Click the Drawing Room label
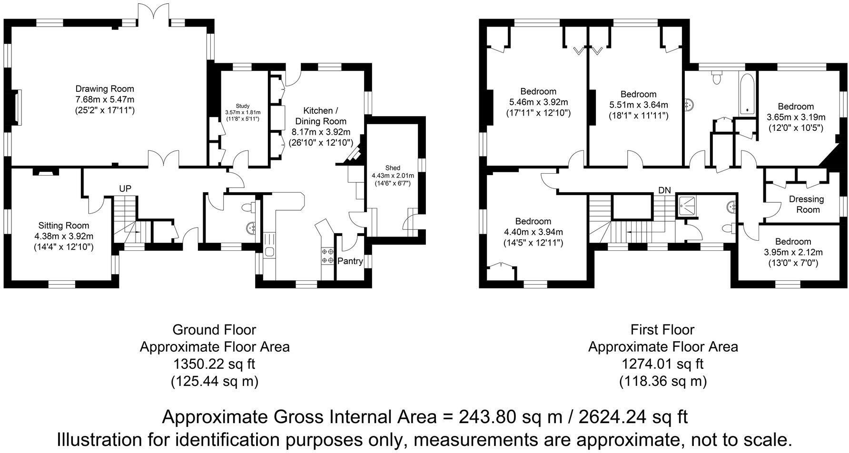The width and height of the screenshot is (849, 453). pyautogui.click(x=105, y=89)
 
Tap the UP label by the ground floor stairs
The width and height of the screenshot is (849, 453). pyautogui.click(x=125, y=189)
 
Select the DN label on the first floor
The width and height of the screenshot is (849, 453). pyautogui.click(x=664, y=190)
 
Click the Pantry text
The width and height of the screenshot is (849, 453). pyautogui.click(x=350, y=261)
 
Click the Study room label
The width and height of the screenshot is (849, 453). pyautogui.click(x=242, y=106)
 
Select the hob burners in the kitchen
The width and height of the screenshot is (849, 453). pyautogui.click(x=327, y=256)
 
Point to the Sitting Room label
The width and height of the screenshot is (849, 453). pyautogui.click(x=64, y=226)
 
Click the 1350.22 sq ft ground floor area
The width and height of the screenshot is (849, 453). pyautogui.click(x=214, y=364)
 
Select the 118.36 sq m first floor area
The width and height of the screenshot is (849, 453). pyautogui.click(x=662, y=381)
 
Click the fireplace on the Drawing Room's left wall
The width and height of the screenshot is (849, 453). pyautogui.click(x=17, y=107)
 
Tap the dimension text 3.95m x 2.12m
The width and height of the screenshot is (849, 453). pyautogui.click(x=792, y=252)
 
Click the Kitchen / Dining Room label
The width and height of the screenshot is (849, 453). pyautogui.click(x=320, y=116)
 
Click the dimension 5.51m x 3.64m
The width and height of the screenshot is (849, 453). pyautogui.click(x=638, y=105)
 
